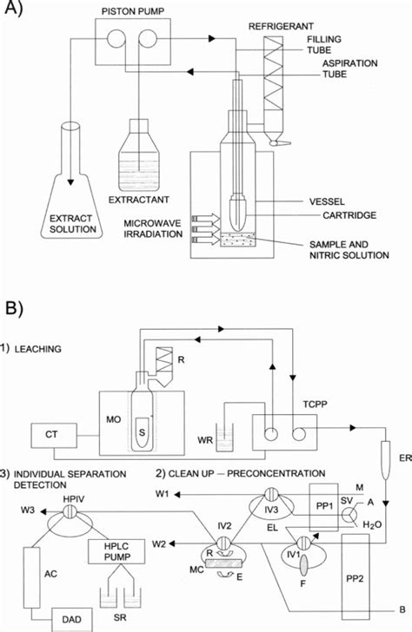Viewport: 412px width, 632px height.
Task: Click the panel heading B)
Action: coord(19,306)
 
